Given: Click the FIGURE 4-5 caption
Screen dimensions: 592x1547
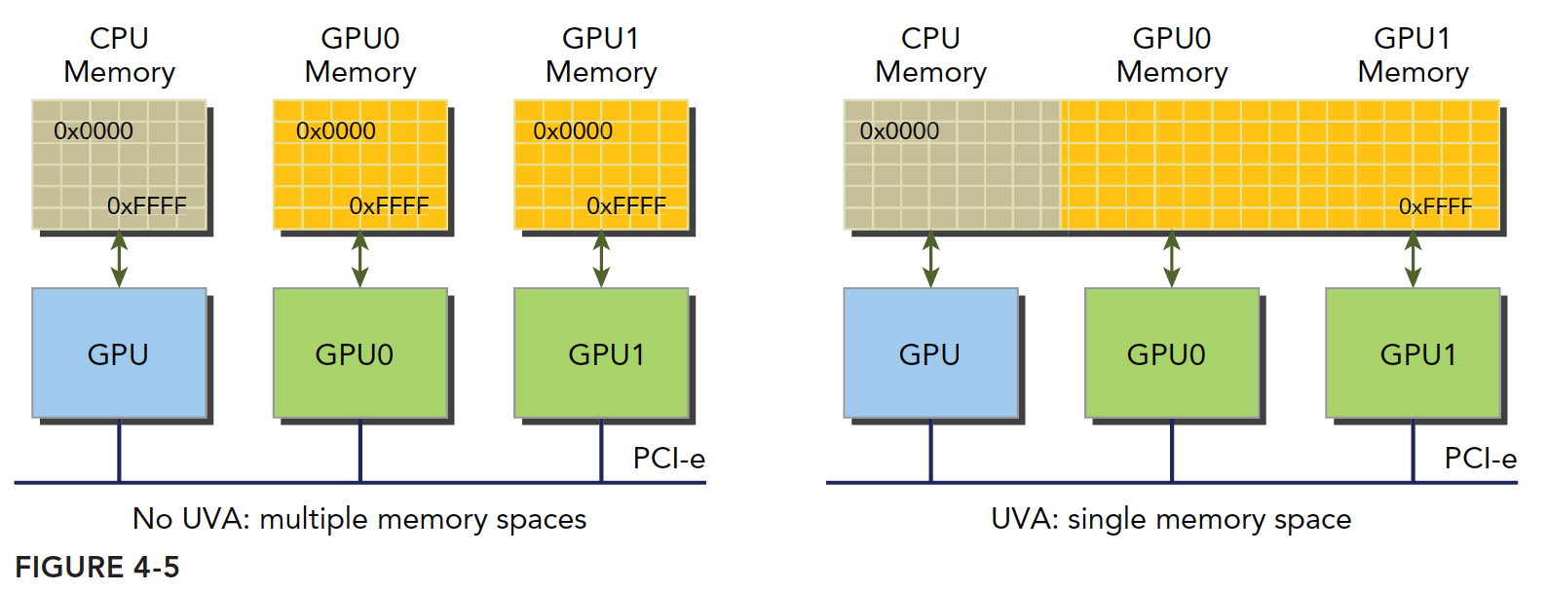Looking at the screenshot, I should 97,567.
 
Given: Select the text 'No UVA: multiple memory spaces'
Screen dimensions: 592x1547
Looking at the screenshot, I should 359,519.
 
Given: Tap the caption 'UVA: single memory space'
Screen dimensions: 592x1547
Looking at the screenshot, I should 1171,519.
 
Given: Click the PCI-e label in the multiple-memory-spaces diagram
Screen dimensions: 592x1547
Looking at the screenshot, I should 668,458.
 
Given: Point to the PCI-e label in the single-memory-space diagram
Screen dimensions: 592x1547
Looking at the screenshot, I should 1480,458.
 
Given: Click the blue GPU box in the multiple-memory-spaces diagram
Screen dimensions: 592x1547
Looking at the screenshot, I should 119,352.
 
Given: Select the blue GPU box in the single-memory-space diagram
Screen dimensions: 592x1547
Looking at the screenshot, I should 930,352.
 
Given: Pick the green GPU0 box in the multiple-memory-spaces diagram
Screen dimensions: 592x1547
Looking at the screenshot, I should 359,352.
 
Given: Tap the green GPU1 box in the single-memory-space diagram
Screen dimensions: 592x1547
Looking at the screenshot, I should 1413,352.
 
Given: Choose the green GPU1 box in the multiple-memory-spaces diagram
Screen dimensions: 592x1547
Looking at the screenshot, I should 601,352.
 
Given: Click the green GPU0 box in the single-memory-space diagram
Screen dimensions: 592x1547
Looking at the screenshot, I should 1172,352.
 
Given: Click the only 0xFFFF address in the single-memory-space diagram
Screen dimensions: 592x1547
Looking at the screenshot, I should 1435,206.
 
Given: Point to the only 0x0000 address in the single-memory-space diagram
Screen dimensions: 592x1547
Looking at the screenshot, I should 899,131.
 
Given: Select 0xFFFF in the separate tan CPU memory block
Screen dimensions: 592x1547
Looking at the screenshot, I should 146,206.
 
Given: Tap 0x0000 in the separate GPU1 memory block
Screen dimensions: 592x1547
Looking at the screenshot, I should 573,131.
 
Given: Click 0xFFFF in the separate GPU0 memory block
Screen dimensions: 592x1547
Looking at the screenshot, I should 389,206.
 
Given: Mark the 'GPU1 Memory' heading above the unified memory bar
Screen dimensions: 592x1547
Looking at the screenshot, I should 1413,55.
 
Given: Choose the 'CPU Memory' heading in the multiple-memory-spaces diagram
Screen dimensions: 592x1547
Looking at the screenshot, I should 119,55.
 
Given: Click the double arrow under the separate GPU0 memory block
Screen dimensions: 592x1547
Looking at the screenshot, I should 359,259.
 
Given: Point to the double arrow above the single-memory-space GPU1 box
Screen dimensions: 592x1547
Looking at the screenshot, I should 1413,259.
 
